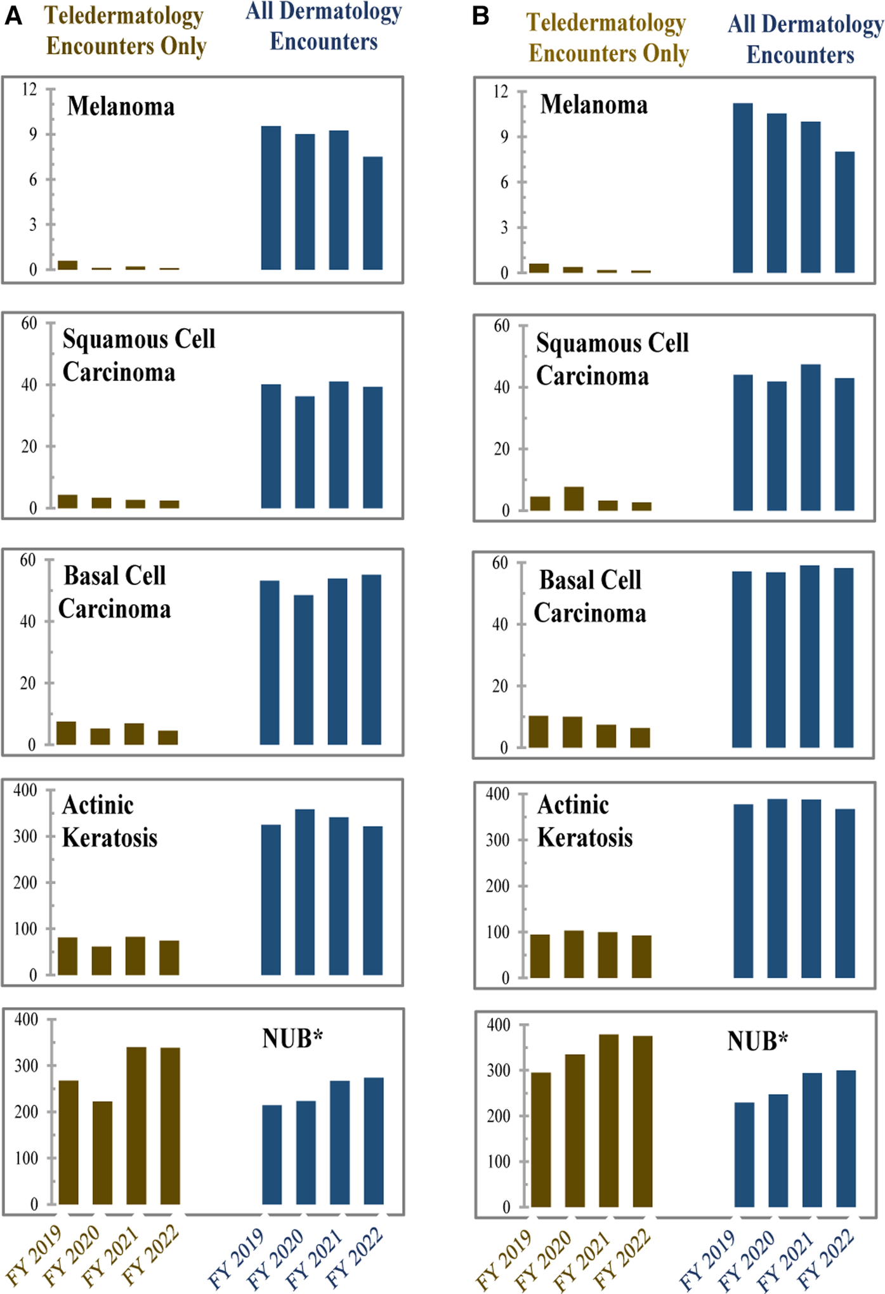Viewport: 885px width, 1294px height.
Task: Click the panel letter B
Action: coord(480,16)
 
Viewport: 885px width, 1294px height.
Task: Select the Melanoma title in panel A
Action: coord(121,107)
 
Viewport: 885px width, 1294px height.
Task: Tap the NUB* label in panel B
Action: coord(757,1041)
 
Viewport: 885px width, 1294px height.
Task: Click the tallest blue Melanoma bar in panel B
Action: coord(742,188)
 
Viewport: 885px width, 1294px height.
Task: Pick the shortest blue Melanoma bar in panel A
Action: coord(372,213)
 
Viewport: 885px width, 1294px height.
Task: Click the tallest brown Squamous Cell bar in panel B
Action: coord(574,499)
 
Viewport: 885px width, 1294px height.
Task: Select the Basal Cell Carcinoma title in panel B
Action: coord(590,597)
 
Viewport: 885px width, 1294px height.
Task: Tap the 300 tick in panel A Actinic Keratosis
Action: coord(25,836)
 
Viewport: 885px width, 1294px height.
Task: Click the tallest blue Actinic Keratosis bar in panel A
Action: coord(305,892)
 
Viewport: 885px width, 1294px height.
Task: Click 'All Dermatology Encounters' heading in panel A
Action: coord(324,27)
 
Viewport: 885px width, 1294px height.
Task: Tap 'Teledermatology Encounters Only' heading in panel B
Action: coord(607,38)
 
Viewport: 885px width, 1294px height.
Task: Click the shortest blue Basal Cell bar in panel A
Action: coord(303,670)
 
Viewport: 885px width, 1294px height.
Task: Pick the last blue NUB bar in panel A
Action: coord(373,1140)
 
